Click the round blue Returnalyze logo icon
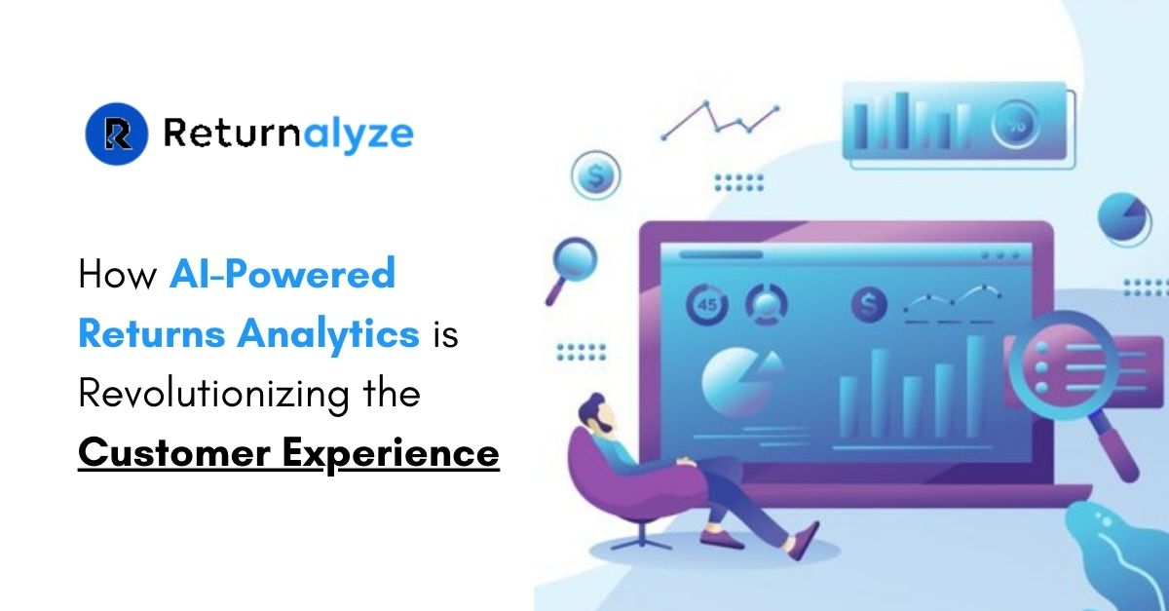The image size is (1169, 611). point(117,133)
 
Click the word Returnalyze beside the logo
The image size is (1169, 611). point(288,134)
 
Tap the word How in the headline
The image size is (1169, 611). point(117,275)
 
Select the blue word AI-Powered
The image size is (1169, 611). point(283,275)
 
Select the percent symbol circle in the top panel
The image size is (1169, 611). point(1015,125)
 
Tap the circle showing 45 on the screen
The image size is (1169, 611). point(706,306)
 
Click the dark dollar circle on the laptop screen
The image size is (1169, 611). point(870,306)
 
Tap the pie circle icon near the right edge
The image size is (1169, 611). point(1124,219)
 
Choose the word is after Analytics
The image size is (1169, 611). point(443,334)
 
